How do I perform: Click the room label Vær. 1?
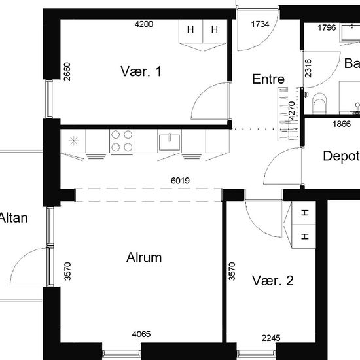141,71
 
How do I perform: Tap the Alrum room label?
144,257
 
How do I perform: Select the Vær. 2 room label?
273,280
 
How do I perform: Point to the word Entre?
268,79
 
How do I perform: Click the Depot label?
342,156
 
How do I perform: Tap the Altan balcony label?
14,218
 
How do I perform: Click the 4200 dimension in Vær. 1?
144,24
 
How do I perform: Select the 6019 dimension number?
180,181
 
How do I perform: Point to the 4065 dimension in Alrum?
141,334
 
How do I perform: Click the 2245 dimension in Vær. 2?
271,338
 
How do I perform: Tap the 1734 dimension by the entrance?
260,24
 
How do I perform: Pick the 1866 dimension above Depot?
342,124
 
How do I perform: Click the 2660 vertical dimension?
67,71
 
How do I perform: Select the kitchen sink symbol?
170,142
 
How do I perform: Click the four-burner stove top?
122,141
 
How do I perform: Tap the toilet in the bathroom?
319,103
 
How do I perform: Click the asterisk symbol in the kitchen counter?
74,141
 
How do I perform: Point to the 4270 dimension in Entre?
291,111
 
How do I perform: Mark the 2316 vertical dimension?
308,68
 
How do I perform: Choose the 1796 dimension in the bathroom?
327,27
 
